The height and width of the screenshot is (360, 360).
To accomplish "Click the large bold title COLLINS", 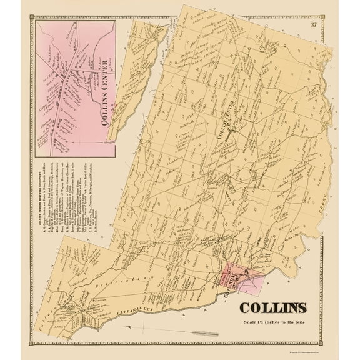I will [272, 308].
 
